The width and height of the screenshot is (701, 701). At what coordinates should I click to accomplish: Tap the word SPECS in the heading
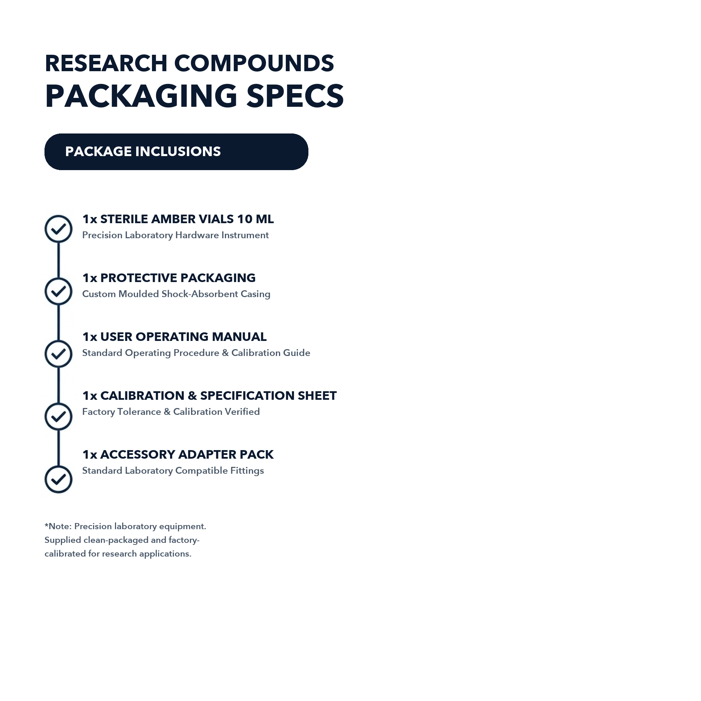[295, 96]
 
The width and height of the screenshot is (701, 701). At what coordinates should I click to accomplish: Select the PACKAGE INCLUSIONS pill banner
[176, 152]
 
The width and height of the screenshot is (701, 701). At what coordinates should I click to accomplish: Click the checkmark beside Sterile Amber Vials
[59, 229]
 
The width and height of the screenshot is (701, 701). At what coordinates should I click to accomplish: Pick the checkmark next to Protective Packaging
[59, 291]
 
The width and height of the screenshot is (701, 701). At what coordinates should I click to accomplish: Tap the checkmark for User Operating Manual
[59, 354]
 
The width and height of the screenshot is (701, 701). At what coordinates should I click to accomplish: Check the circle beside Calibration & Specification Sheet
[59, 417]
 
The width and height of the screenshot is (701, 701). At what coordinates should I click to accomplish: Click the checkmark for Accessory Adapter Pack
[59, 479]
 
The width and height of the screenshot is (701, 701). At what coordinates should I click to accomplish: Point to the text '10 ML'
[255, 219]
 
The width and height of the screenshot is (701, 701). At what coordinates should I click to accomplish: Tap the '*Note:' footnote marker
[58, 526]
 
